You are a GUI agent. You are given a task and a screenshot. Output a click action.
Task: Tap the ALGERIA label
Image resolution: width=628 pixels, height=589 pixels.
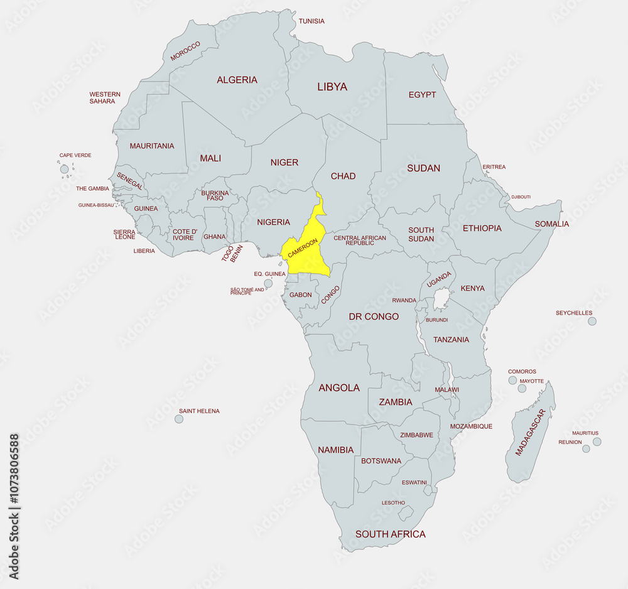pos(237,80)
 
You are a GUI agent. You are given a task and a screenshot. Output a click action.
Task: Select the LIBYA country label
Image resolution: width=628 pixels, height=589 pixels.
pos(332,87)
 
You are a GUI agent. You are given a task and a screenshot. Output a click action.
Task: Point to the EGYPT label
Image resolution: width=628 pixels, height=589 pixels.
pos(422,95)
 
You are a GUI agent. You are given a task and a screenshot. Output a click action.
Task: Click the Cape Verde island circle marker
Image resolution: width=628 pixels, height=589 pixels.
pos(64,169)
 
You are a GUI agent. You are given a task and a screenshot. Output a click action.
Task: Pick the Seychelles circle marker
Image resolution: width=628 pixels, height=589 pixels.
pos(592,322)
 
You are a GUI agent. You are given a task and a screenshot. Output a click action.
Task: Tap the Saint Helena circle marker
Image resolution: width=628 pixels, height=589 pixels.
pos(179,419)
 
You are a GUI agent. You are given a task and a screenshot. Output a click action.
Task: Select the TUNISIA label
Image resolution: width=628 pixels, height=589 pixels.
pos(311,21)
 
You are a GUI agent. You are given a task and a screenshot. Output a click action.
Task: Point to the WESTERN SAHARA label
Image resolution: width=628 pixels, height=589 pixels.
pos(105,98)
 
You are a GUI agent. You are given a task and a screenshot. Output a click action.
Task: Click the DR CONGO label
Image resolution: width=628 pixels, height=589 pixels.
pos(374,316)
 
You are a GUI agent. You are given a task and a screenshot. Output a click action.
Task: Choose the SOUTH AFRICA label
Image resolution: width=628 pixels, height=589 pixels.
pos(390,534)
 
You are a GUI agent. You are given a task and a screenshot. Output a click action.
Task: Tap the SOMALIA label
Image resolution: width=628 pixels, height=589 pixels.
pos(551,224)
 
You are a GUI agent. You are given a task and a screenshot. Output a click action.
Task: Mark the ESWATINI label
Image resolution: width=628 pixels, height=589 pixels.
pos(414,483)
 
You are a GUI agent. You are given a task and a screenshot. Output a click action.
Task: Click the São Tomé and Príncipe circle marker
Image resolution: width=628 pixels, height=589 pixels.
pos(268,284)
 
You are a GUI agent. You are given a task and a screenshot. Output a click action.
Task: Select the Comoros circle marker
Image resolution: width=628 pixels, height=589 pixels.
pos(512,380)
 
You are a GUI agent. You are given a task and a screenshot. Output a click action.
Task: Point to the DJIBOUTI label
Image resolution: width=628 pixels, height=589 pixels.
pos(521,197)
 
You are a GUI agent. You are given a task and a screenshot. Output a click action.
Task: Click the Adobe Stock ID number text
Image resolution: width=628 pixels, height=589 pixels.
pos(14,506)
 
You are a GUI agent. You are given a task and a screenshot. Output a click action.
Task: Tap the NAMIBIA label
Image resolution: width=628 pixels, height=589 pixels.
pos(335,450)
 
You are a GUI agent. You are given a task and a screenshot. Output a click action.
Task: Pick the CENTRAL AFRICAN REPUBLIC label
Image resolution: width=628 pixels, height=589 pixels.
pos(360,240)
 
